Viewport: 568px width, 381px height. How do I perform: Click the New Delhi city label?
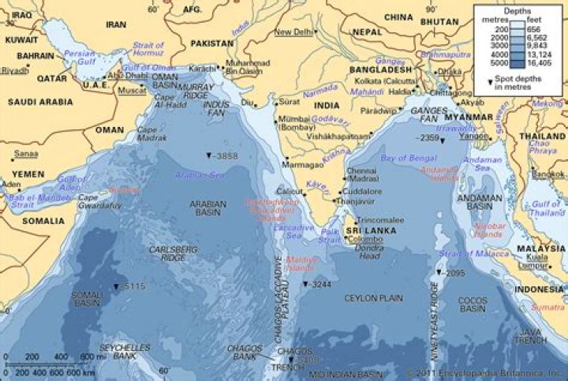coord(292,32)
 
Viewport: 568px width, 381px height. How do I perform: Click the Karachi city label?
coord(204,69)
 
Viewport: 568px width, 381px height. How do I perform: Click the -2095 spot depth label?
coord(452,273)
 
